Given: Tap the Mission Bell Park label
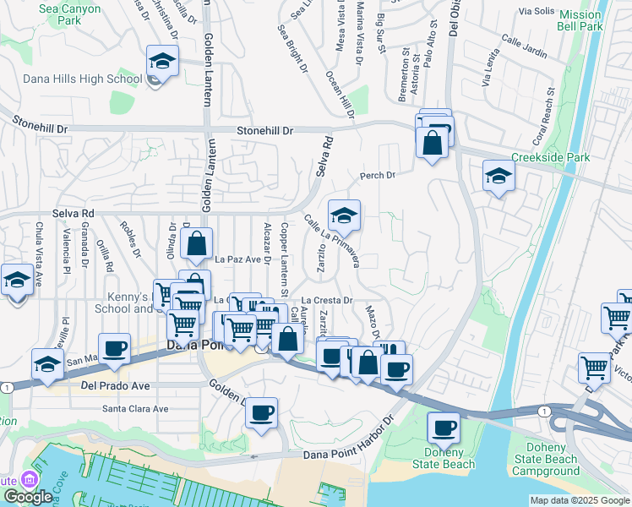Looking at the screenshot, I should coord(580,20).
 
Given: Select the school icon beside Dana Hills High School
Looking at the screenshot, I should coord(160,63).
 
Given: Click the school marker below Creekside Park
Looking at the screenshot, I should coord(499,177).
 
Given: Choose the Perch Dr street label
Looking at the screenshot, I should coord(378,176).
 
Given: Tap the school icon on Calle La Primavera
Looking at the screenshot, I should coord(344,217).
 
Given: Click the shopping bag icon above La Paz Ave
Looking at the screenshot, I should coord(196,245).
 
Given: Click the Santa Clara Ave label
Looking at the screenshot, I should coord(135,408).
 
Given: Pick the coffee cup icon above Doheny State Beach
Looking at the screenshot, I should coord(444,428).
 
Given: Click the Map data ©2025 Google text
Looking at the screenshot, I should coord(579,500).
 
